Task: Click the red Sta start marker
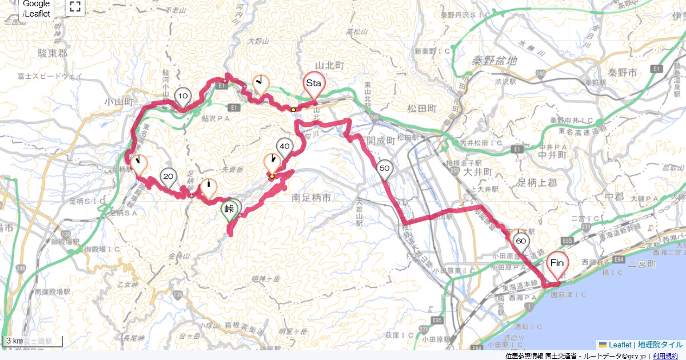coord(314,84)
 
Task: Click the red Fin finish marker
coord(557,263)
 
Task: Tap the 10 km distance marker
coord(183,95)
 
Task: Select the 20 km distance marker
coord(168,177)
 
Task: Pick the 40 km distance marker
coord(285,147)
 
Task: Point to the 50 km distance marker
coord(385,168)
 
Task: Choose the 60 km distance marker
coord(521,242)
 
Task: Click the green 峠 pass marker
coord(231,209)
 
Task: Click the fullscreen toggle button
coord(75,7)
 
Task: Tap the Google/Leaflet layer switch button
coord(37,9)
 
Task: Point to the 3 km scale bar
coord(31,342)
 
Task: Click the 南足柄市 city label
coord(311,198)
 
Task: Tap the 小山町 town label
coord(118,102)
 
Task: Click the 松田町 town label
coord(423,108)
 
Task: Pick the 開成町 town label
coord(381,140)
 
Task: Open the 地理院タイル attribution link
coord(660,345)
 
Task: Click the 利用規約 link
coord(667,356)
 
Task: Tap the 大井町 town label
coord(479,171)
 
